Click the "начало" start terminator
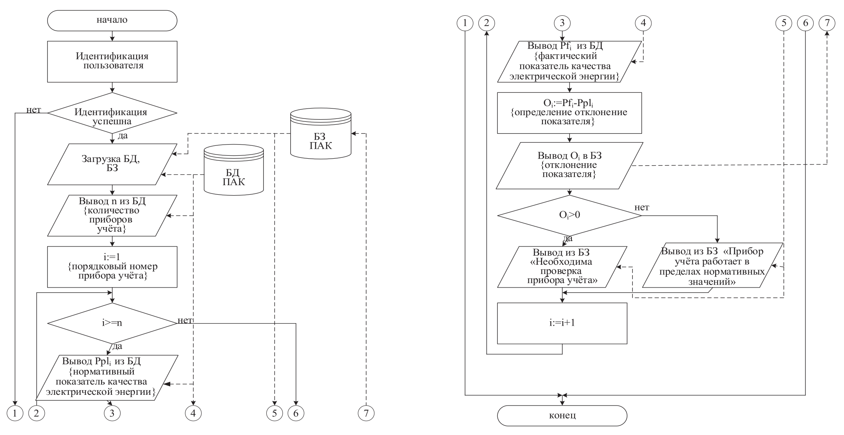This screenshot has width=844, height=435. [112, 20]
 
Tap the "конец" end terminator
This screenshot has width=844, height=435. [562, 415]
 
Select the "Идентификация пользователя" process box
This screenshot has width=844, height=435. [112, 61]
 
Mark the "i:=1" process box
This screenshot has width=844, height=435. [112, 267]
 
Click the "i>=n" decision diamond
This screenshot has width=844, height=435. [112, 324]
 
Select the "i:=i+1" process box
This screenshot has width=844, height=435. [562, 323]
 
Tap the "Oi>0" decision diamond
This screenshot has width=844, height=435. [569, 215]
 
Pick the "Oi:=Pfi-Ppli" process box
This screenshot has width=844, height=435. [569, 113]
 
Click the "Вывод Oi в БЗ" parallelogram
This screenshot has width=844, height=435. [569, 166]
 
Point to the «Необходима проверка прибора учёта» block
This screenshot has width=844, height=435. [562, 267]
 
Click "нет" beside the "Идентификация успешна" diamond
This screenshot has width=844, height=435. [34, 110]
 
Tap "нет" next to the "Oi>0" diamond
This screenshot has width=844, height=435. [642, 207]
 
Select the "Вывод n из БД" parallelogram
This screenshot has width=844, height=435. [112, 215]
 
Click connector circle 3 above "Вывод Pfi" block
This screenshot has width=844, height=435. [562, 23]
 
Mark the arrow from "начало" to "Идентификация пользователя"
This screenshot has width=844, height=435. [112, 36]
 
